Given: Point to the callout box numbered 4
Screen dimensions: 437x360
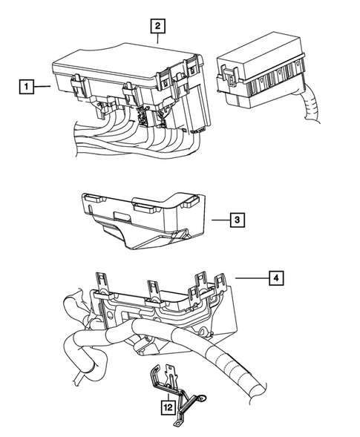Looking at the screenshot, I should click(x=275, y=278).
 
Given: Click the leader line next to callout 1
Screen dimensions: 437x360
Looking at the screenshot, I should click(x=42, y=88).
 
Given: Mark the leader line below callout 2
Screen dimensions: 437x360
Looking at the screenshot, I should click(x=157, y=39).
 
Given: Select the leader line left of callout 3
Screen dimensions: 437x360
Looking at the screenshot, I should click(x=217, y=220).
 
